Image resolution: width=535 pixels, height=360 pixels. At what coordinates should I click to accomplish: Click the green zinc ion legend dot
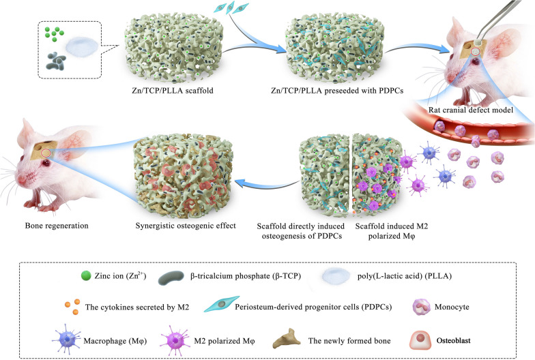click(86, 275)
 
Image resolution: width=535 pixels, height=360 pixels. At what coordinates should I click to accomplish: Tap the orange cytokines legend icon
click(72, 307)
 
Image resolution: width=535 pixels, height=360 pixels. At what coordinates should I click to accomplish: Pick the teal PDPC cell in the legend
click(221, 304)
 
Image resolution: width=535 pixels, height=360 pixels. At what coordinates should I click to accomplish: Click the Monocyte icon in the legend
click(422, 307)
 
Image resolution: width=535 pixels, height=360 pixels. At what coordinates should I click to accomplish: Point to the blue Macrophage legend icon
click(68, 340)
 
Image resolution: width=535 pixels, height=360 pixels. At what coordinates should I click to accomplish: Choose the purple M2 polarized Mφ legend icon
click(175, 340)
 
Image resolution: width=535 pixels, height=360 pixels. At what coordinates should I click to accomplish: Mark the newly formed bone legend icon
click(287, 338)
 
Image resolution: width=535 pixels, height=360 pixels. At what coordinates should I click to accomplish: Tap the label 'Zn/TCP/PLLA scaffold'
click(173, 90)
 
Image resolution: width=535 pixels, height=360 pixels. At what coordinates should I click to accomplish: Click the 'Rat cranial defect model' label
click(471, 110)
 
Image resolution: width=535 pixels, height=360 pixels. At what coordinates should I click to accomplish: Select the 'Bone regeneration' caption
click(57, 225)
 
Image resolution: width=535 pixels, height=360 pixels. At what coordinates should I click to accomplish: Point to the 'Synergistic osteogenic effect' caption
click(186, 225)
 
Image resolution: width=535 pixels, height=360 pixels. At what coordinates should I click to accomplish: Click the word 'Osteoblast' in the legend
click(453, 340)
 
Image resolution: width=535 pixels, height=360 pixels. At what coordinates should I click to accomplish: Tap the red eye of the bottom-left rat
click(46, 162)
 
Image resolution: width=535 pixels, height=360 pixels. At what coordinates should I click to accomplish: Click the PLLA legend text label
click(405, 275)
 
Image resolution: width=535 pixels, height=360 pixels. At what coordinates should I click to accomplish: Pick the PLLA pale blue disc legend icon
click(336, 275)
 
